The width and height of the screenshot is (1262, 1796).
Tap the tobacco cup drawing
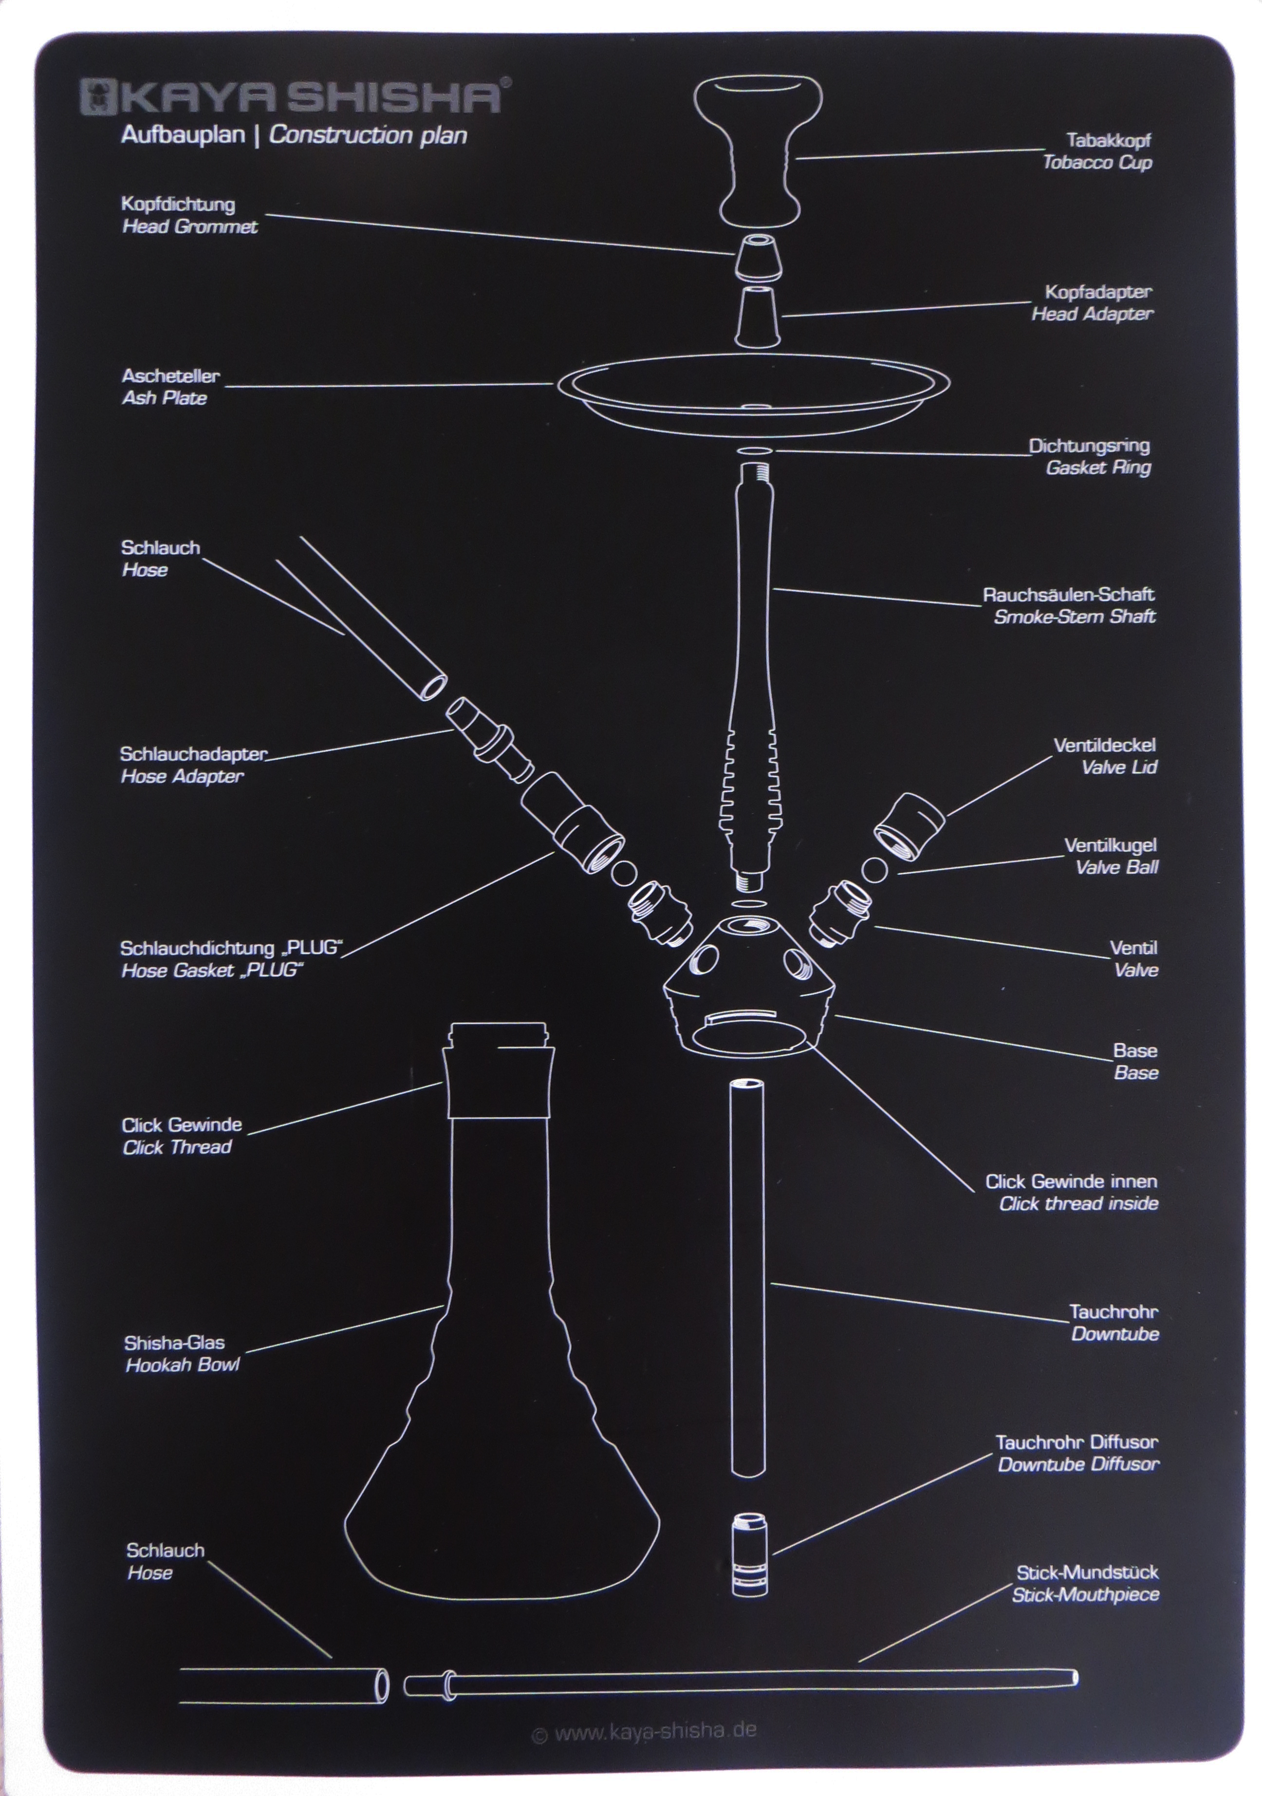pos(759,149)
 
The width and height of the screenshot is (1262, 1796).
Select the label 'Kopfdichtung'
pos(178,204)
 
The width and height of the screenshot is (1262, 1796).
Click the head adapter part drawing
pos(758,315)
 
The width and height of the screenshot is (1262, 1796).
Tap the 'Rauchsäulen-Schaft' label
pos(1068,595)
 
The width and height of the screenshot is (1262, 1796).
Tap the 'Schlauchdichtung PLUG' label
pos(231,948)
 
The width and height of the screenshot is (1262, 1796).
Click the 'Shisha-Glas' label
pos(174,1342)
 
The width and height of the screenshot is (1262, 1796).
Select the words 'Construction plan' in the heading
pos(368,135)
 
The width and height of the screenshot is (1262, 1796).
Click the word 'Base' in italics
pos(1136,1072)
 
